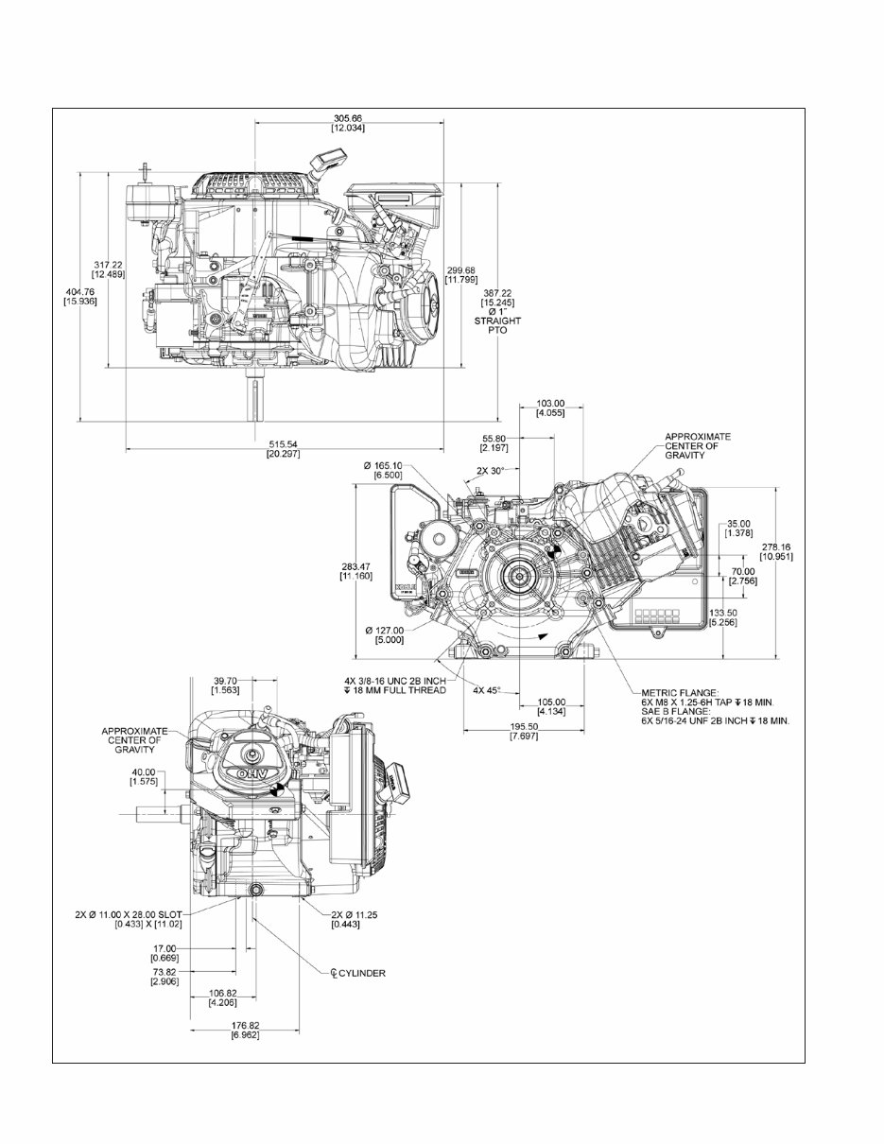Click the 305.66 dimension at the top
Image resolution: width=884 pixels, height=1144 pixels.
click(348, 118)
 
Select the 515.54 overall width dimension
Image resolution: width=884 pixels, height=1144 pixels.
click(284, 443)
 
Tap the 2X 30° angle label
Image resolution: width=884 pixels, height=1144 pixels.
click(490, 470)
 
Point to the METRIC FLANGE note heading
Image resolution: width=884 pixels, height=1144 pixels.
click(680, 692)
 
